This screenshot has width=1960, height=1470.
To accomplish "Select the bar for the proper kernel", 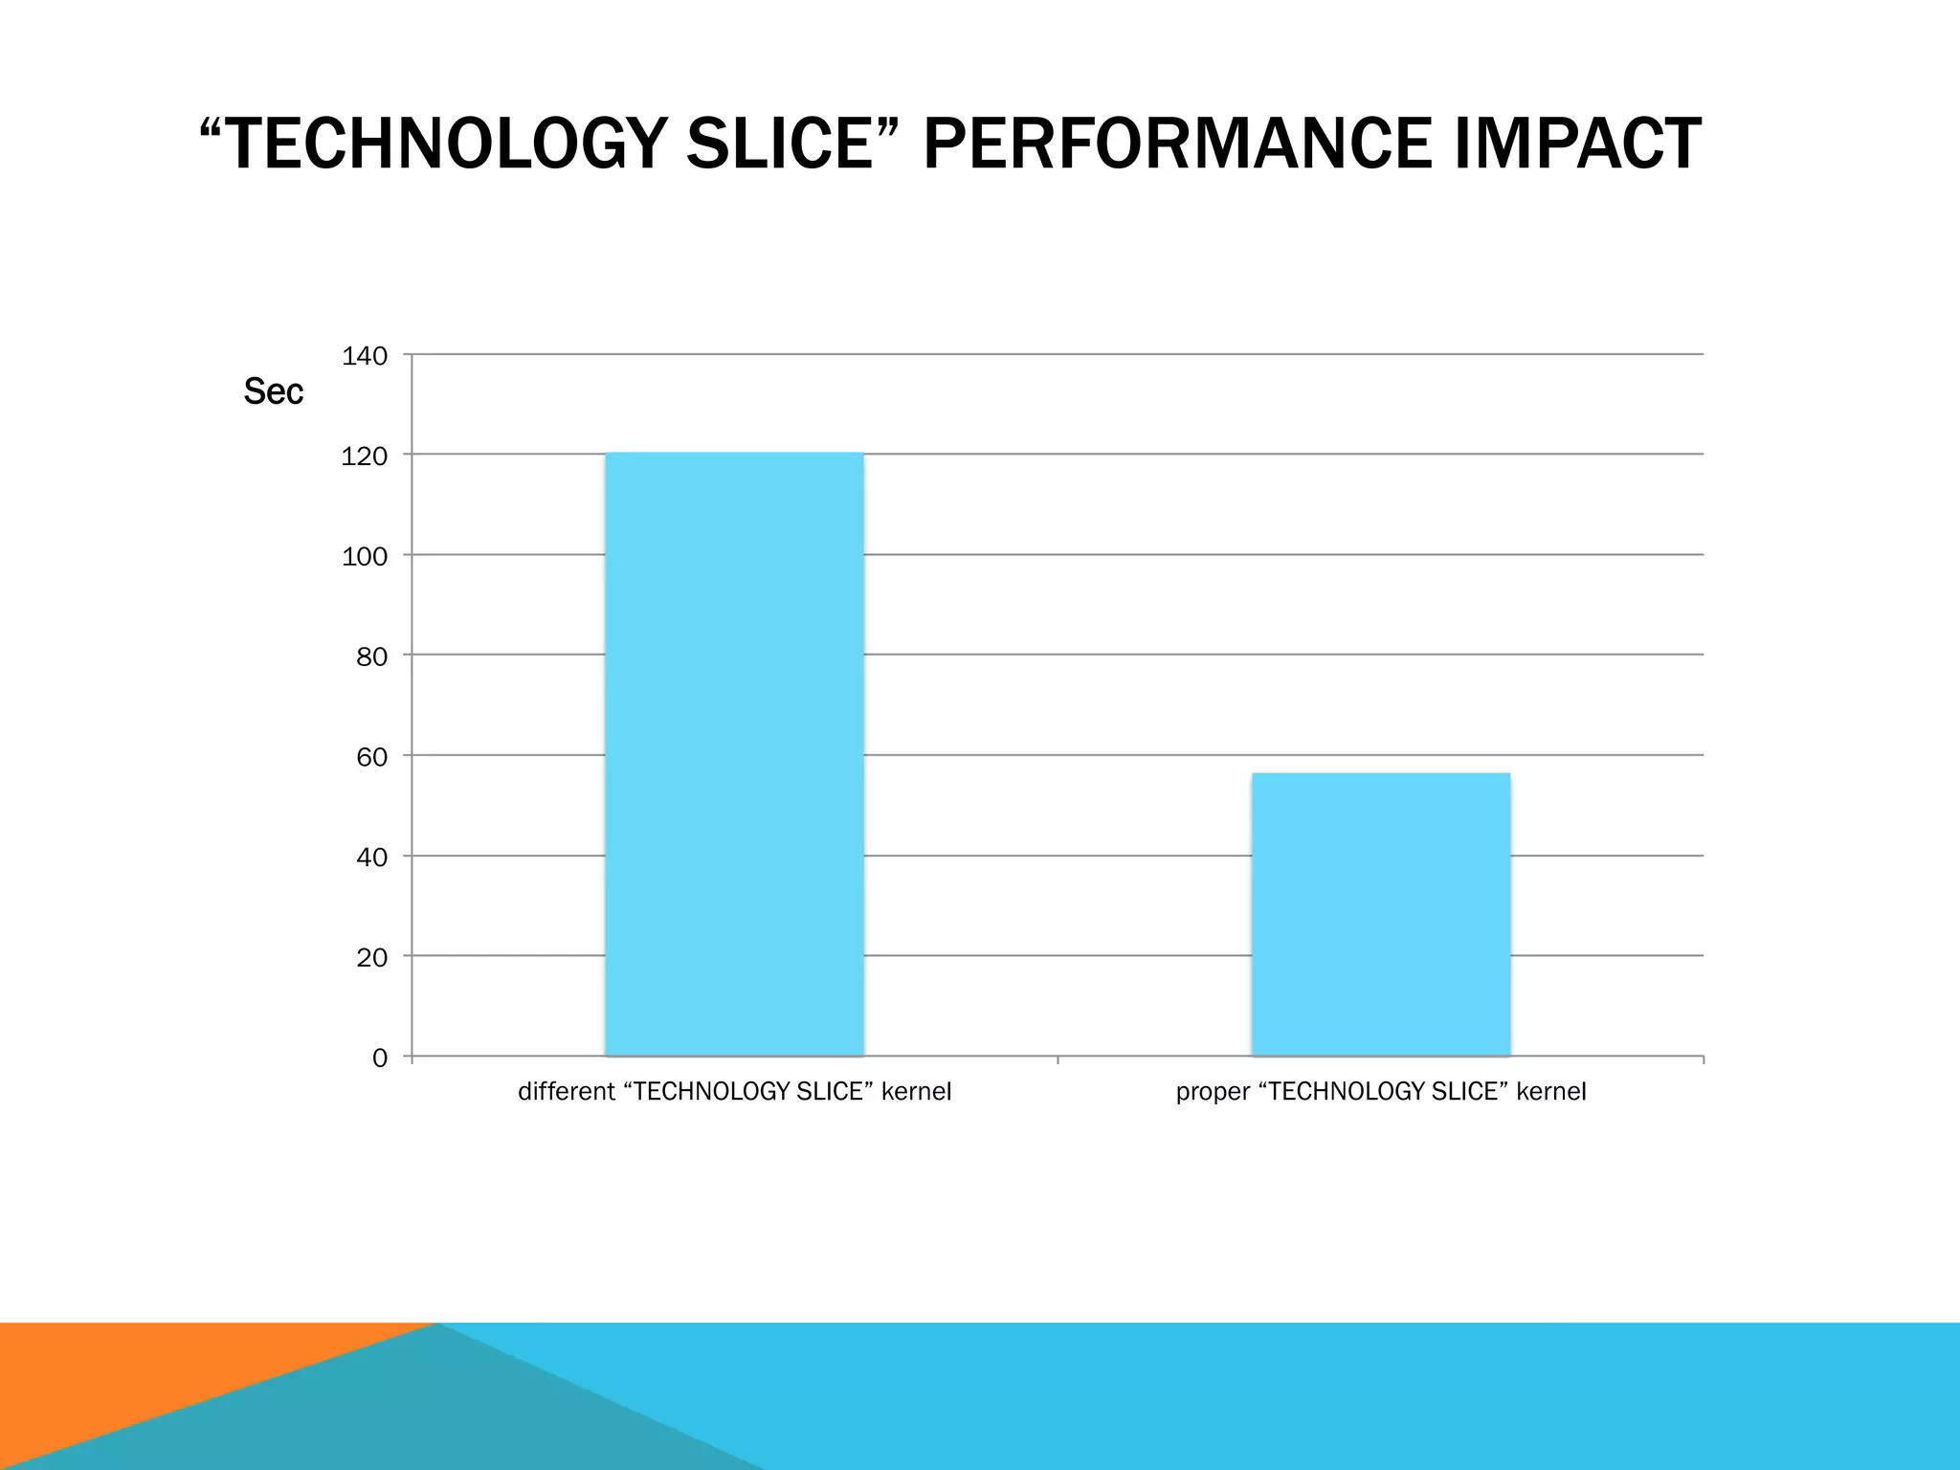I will point(1380,914).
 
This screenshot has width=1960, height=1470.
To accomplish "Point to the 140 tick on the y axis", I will point(365,356).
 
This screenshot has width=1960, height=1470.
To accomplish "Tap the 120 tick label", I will point(365,457).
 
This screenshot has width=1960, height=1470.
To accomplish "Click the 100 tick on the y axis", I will point(365,557).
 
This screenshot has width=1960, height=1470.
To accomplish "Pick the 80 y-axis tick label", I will point(372,657).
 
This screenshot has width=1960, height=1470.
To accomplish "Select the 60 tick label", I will point(372,757).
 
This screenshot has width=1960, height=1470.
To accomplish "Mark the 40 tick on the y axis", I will point(372,857).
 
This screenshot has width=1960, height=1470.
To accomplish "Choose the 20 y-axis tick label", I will point(372,957).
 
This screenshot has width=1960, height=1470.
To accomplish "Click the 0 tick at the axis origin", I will point(380,1058).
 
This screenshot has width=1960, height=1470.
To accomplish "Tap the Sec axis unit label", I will point(273,391).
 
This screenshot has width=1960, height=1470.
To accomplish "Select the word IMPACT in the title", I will point(1576,145).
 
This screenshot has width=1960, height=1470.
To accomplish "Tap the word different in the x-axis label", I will point(566,1092).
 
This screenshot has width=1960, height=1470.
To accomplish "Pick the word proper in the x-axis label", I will point(1212,1093).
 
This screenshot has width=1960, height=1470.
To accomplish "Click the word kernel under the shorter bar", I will point(1551,1092).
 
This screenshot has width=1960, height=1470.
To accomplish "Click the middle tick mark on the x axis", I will point(1058,1060).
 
